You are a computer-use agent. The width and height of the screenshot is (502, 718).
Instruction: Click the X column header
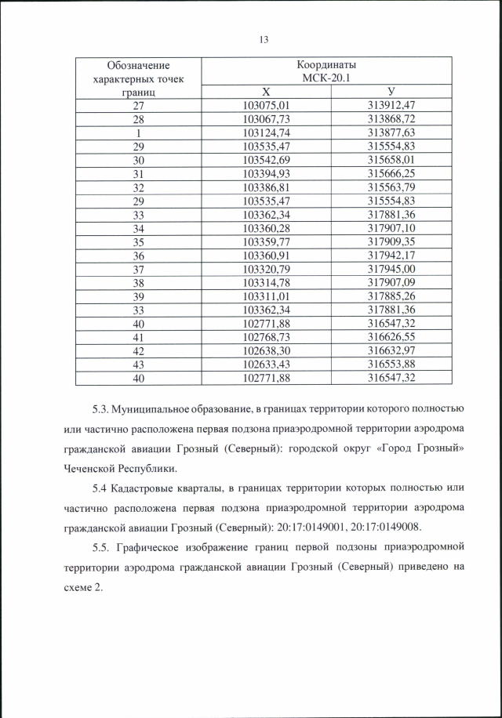pos(266,92)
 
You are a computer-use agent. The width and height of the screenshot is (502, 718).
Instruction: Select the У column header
pos(391,92)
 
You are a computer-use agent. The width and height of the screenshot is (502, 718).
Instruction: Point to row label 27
pos(139,105)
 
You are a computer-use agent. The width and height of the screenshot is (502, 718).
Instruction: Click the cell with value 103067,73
pos(267,118)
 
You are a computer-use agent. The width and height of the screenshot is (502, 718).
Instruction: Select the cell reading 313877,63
pos(391,132)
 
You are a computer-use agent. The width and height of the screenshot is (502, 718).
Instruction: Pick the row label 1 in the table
pos(139,132)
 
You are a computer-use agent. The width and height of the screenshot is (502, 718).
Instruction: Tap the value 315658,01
pos(391,160)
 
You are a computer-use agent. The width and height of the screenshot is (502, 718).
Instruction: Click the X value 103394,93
pos(267,173)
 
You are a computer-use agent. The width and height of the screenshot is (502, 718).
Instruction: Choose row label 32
pos(139,187)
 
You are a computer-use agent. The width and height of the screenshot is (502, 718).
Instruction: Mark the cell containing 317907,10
pos(391,228)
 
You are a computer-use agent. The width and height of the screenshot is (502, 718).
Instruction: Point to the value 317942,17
pos(391,256)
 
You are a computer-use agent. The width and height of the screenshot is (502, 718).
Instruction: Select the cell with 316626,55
pos(391,337)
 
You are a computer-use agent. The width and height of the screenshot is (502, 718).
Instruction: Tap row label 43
pos(139,364)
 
